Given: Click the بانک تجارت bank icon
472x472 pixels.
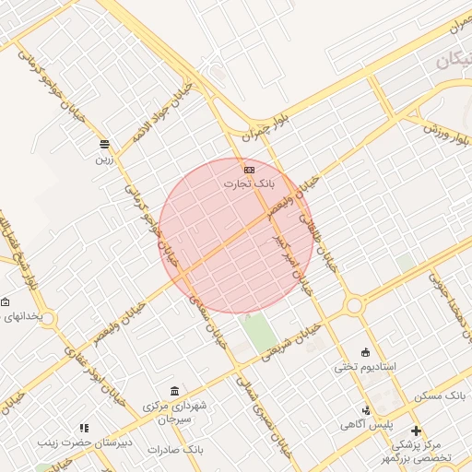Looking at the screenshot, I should point(249,170).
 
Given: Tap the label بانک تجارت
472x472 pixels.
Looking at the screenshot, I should point(249,183).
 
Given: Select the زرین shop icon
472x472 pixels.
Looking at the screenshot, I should point(104,144).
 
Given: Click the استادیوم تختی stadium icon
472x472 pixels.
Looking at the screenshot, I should point(365,351).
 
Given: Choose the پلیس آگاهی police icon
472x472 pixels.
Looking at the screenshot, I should point(367,410).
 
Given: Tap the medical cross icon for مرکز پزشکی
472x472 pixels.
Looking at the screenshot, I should point(416,431).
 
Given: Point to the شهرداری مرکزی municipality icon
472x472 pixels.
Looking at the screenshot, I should point(175,392).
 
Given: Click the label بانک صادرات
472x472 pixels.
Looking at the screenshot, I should point(180,449).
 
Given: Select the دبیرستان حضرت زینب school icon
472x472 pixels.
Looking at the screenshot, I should point(85,428).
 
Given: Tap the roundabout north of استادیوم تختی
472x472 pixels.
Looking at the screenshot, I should point(353,305).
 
